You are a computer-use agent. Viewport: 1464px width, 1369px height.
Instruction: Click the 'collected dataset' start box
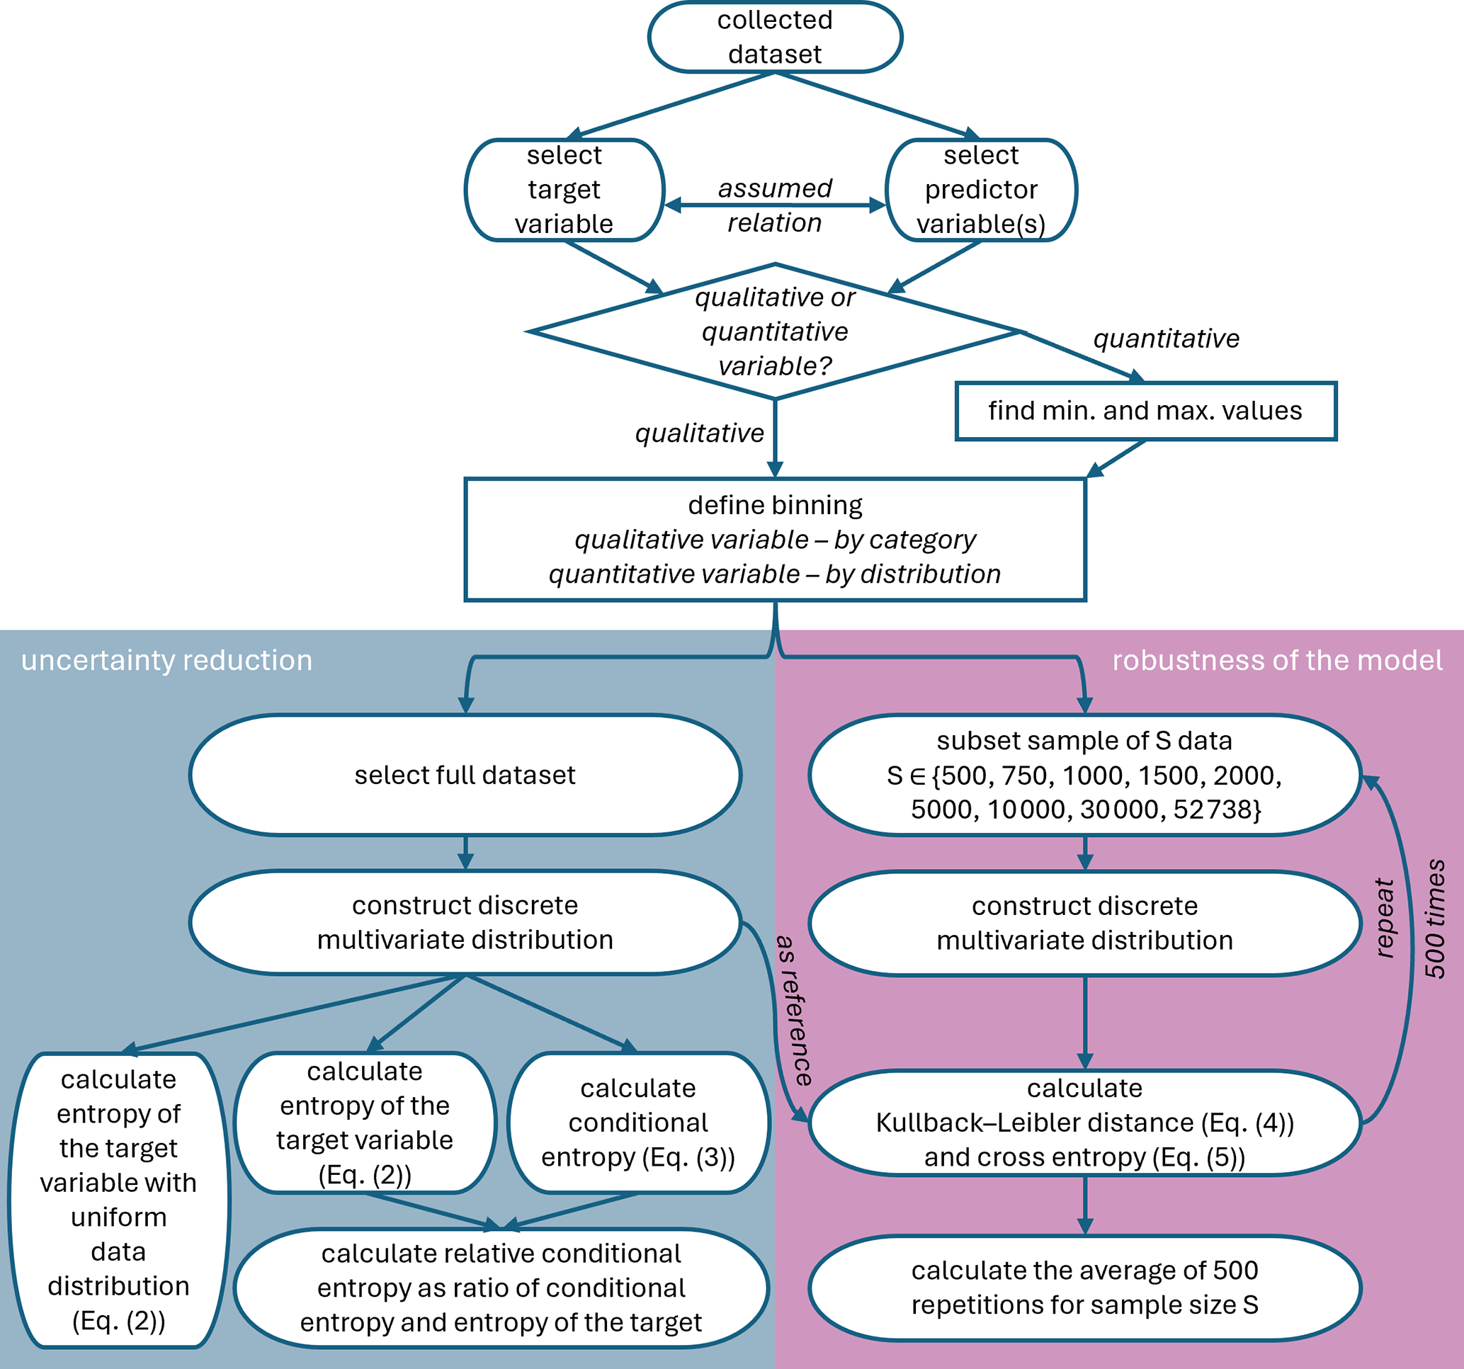pos(775,37)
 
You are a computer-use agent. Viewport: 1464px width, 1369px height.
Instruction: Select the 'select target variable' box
pos(564,190)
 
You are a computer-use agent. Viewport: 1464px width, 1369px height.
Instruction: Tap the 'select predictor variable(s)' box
pos(981,190)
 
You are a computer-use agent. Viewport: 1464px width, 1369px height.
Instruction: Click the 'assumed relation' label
pos(775,205)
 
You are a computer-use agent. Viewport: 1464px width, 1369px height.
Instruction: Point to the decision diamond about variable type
pos(775,331)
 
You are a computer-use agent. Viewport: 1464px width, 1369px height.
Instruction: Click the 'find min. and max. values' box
pos(1145,411)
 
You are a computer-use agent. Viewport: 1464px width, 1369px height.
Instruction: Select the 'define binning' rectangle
pos(775,539)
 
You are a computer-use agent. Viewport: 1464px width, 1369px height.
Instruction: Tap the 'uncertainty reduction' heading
pos(166,661)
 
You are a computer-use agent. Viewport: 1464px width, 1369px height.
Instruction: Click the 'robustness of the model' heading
pos(1277,661)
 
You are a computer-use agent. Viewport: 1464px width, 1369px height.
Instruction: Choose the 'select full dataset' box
pos(465,775)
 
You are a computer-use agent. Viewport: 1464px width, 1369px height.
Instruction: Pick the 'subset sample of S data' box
pos(1084,775)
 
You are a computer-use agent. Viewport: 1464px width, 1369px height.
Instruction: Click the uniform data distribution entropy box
pos(118,1200)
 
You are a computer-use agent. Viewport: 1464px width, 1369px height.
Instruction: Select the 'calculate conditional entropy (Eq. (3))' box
pos(637,1123)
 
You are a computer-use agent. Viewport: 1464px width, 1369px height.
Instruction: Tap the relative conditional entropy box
pos(501,1288)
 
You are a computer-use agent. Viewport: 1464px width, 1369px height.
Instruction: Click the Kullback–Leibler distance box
pos(1084,1123)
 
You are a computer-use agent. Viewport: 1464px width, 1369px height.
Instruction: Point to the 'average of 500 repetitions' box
pos(1084,1288)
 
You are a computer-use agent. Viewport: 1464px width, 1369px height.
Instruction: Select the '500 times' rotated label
pos(1434,919)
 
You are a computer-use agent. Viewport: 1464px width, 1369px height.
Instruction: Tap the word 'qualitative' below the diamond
pos(699,433)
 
